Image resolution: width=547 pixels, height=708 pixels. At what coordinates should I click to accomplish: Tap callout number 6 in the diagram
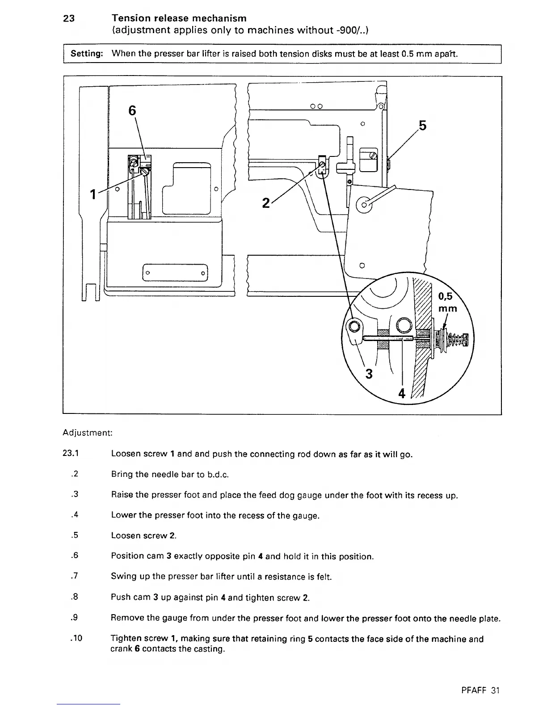coord(132,111)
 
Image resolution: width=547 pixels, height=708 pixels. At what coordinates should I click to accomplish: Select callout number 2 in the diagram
coord(266,203)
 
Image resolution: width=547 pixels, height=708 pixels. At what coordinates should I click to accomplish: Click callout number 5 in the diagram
coord(423,126)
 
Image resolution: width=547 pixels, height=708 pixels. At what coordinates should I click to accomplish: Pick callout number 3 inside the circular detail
coord(369,373)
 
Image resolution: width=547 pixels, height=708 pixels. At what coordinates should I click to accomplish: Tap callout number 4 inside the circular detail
coord(402,394)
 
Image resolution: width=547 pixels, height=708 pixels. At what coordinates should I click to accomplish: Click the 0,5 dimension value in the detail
coord(446,296)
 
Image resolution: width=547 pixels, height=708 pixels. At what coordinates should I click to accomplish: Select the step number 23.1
coord(71,454)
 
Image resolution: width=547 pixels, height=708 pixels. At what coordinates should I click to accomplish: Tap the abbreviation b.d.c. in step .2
coord(219,474)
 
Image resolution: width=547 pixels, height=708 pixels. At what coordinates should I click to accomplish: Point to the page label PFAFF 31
coord(480,690)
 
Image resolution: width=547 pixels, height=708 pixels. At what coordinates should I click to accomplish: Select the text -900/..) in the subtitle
coord(351,30)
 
